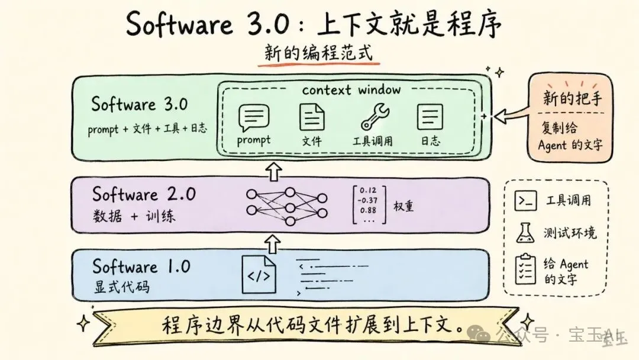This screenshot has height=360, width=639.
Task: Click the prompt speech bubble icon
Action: tap(254, 117)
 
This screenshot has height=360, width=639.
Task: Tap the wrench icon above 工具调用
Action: tap(374, 117)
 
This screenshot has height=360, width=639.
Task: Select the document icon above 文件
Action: tap(312, 116)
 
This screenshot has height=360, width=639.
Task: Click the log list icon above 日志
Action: tap(430, 117)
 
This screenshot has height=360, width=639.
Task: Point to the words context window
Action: tap(351, 90)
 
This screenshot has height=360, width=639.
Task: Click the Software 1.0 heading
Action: tap(141, 266)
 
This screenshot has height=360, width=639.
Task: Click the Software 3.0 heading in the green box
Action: tap(139, 105)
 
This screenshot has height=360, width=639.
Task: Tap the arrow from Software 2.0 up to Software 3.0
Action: tap(273, 171)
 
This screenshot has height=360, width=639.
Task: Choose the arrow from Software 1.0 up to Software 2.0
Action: tap(273, 242)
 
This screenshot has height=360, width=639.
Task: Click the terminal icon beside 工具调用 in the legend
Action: tap(525, 201)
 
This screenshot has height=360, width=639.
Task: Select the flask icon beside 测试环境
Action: tap(524, 233)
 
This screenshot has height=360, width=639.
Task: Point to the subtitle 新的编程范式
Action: tap(319, 53)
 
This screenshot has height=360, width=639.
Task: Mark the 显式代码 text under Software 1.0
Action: tap(122, 287)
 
